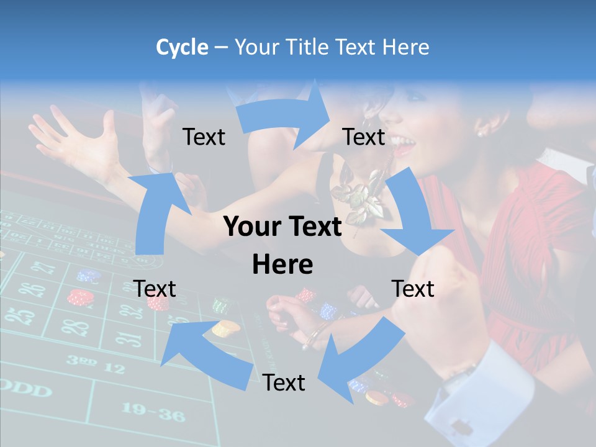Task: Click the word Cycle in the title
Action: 182,47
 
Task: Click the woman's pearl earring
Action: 480,132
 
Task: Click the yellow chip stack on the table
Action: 226,327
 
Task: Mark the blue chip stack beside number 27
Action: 89,276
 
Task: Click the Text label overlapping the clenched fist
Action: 413,289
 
